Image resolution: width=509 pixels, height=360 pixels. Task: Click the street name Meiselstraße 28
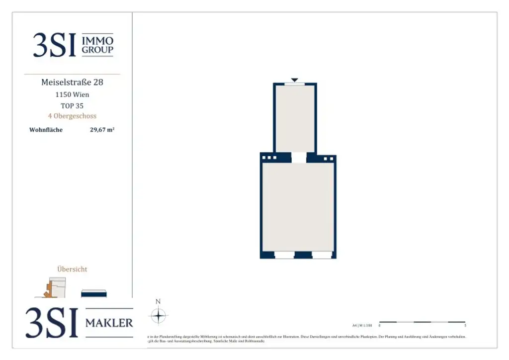coord(72,82)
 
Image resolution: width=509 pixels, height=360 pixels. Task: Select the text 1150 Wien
coord(72,94)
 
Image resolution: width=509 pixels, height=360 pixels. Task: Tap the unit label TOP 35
coord(72,105)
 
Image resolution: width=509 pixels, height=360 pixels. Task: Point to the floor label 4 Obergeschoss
coord(72,116)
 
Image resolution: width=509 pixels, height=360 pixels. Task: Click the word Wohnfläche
coord(46,130)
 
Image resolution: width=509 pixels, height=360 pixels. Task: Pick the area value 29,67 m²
coord(102,130)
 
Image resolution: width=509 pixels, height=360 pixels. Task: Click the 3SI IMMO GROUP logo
coord(73,45)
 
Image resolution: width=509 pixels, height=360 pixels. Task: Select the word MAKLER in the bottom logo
coord(109,323)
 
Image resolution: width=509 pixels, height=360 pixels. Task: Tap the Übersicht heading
coord(72,269)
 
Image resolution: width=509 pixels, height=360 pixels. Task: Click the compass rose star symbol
coord(158,316)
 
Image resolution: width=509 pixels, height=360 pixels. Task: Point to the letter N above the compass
coord(158,301)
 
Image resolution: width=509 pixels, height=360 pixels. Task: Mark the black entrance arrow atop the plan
coord(294,80)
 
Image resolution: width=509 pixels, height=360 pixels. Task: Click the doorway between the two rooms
coord(298,158)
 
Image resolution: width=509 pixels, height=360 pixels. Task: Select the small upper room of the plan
coord(295,118)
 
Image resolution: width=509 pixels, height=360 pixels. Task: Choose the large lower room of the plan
coord(298,206)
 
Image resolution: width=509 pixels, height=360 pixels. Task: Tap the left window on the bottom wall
coord(284,255)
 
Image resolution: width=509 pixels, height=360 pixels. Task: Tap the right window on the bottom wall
coord(322,255)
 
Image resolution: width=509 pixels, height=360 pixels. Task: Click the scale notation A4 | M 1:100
coord(361,325)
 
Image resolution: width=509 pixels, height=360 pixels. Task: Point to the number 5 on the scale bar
coord(465,326)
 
